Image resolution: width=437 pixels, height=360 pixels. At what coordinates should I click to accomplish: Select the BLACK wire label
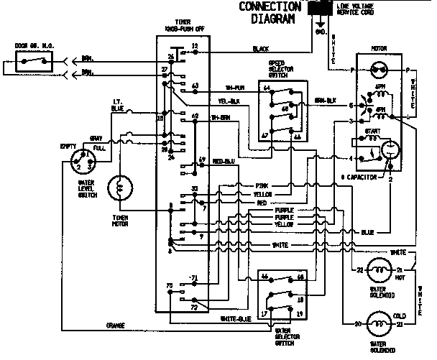[261, 50]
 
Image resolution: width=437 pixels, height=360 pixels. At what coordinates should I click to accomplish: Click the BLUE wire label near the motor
[367, 232]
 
